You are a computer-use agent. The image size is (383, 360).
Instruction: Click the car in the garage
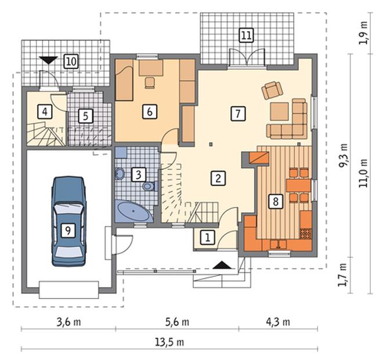click(68, 221)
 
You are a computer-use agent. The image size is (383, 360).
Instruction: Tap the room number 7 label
click(238, 114)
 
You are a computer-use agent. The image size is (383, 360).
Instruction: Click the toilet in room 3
click(149, 187)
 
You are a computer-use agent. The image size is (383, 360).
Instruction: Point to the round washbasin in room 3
click(120, 174)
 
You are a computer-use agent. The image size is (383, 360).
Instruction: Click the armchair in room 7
click(272, 90)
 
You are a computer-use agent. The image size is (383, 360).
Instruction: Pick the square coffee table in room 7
click(280, 112)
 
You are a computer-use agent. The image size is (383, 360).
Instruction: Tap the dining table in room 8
click(298, 186)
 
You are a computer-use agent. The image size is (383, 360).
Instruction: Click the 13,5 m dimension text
click(169, 342)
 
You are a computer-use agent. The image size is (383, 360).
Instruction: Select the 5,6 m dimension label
click(178, 322)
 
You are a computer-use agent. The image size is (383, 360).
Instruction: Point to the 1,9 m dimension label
click(363, 33)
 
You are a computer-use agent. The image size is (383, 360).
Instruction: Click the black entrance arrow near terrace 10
click(48, 60)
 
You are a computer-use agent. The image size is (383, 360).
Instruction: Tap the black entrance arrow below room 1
click(222, 265)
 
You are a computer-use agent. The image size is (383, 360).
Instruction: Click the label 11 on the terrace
click(246, 35)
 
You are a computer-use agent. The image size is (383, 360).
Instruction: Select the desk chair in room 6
click(150, 82)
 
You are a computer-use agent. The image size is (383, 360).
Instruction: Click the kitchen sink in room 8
click(278, 244)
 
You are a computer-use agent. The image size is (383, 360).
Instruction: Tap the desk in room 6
click(151, 68)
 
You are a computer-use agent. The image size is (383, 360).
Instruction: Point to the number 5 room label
click(85, 116)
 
